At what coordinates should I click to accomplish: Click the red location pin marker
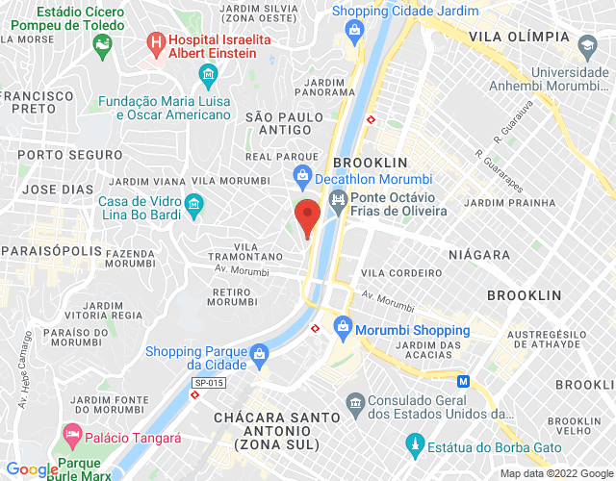click(x=307, y=217)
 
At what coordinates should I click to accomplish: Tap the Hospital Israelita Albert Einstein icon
click(x=155, y=42)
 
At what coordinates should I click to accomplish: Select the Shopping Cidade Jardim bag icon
click(x=354, y=29)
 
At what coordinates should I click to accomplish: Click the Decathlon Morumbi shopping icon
click(x=302, y=177)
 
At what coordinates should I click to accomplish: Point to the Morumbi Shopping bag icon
click(x=342, y=329)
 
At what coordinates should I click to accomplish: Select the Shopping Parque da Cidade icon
click(x=259, y=355)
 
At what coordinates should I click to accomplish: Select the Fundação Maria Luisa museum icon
click(x=207, y=74)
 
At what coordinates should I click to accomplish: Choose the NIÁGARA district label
click(x=478, y=255)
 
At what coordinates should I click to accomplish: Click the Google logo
click(x=31, y=468)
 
